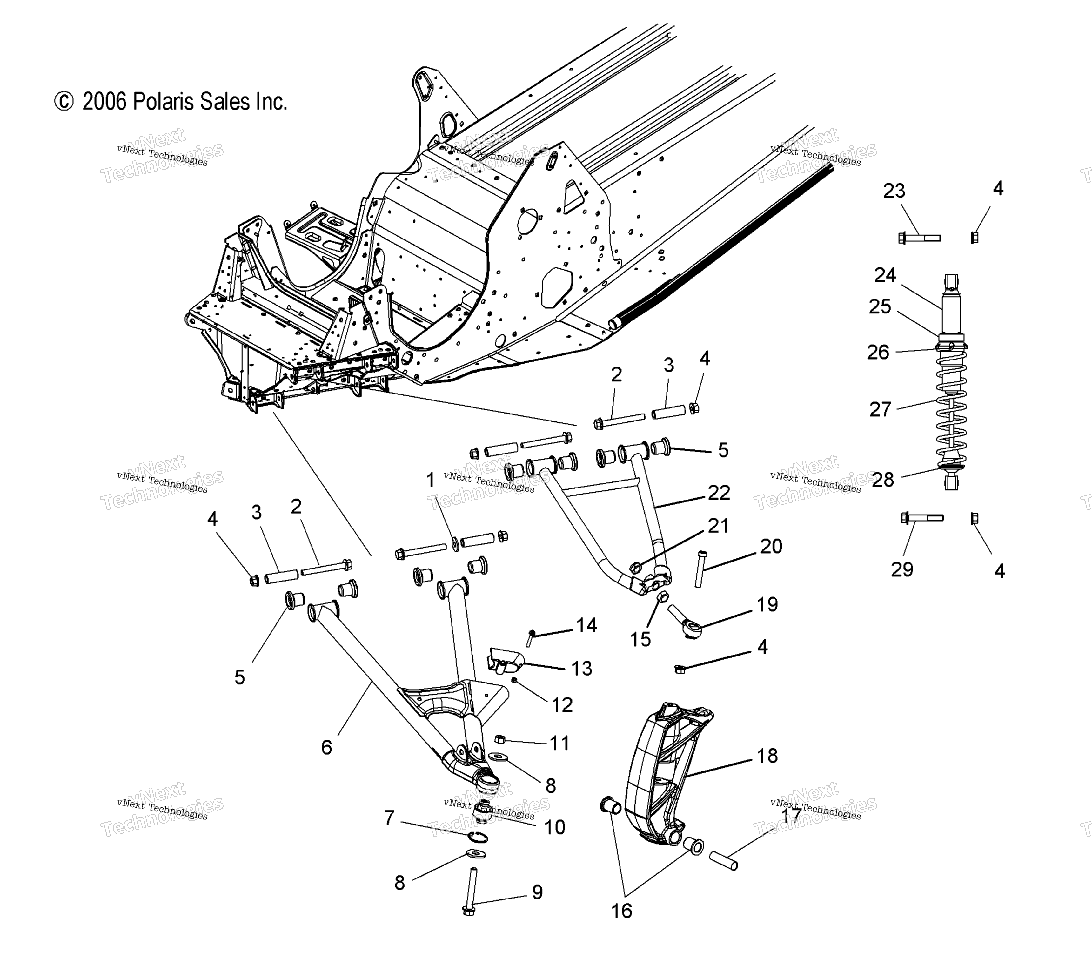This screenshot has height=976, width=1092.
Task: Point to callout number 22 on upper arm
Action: click(x=719, y=492)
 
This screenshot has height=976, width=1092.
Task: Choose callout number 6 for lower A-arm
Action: click(x=326, y=747)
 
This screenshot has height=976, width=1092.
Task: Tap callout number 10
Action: click(x=555, y=827)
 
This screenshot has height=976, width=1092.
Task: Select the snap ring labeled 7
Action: click(x=478, y=837)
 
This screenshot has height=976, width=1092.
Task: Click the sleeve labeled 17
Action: click(x=724, y=860)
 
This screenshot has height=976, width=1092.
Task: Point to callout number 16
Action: click(x=622, y=911)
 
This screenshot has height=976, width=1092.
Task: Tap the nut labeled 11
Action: click(x=499, y=739)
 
